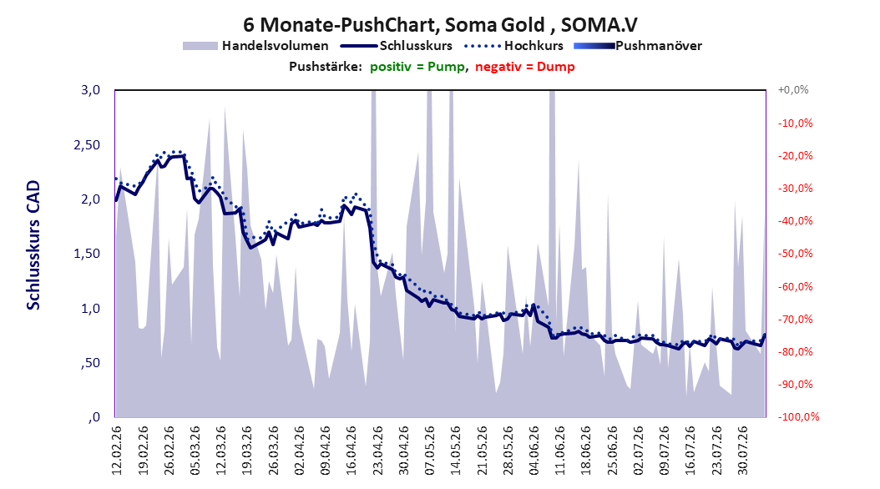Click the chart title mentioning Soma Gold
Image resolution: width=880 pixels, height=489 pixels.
point(440,25)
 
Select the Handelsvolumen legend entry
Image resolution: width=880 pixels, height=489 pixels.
point(256,46)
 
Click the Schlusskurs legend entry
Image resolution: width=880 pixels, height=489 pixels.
point(397,46)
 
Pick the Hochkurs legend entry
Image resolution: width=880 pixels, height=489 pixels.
point(514,46)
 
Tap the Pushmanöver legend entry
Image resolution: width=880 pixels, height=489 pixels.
point(638,46)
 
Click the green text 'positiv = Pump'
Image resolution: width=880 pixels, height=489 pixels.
point(417,67)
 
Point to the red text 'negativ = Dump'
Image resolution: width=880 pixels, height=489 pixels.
point(525,67)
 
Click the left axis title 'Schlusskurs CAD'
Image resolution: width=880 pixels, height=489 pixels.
point(33,245)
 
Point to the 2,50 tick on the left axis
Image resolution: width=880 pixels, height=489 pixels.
point(87,144)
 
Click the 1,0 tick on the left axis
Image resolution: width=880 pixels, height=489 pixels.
point(90,309)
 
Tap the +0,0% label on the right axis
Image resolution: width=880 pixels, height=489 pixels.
point(793,90)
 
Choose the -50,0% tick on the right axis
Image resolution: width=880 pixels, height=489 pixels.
point(795,254)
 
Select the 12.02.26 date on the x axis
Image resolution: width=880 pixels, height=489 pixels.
point(117,451)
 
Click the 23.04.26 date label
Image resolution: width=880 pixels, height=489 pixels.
point(377,451)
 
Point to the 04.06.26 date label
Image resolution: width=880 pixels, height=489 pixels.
point(534,451)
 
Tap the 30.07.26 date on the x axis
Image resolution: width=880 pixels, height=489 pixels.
point(742,451)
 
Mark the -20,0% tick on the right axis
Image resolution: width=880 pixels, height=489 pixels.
point(795,155)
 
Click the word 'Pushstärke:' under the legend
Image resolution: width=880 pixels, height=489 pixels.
point(326,67)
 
